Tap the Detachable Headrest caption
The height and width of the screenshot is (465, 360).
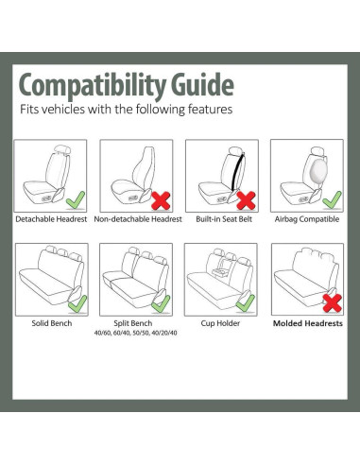click(52, 218)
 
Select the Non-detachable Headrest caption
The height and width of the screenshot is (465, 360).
click(138, 218)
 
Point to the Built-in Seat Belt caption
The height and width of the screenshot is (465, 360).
click(223, 218)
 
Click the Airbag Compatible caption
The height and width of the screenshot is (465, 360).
click(307, 218)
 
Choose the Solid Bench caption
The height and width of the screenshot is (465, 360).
click(52, 322)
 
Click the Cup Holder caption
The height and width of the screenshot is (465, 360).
click(223, 322)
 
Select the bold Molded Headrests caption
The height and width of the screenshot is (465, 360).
click(307, 322)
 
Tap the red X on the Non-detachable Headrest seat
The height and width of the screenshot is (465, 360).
click(161, 198)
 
